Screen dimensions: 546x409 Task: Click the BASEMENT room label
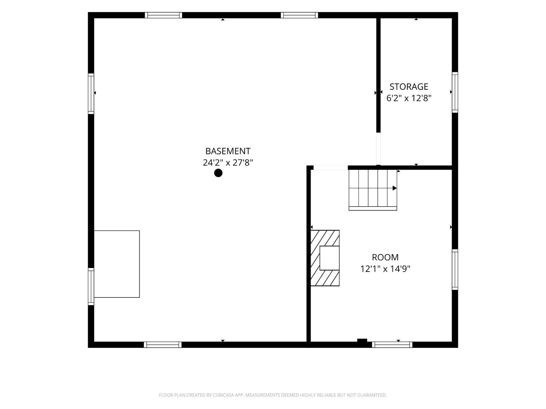pyautogui.click(x=227, y=151)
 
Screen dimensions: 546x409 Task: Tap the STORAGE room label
pyautogui.click(x=409, y=87)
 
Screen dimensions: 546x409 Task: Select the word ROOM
pyautogui.click(x=385, y=257)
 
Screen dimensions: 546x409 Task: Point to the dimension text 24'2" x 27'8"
pyautogui.click(x=227, y=163)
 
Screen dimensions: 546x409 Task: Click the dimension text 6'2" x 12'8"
pyautogui.click(x=408, y=98)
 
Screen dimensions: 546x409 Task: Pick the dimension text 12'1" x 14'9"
pyautogui.click(x=385, y=269)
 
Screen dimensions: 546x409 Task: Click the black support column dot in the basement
pyautogui.click(x=218, y=173)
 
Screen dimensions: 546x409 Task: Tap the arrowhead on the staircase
pyautogui.click(x=395, y=188)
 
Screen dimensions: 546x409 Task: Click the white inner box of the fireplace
pyautogui.click(x=329, y=258)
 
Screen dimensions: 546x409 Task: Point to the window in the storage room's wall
pyautogui.click(x=455, y=92)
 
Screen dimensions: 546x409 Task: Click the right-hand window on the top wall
pyautogui.click(x=299, y=15)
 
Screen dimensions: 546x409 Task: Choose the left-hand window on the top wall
pyautogui.click(x=163, y=15)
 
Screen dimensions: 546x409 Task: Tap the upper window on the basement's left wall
pyautogui.click(x=91, y=94)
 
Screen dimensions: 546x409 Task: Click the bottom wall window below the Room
pyautogui.click(x=392, y=345)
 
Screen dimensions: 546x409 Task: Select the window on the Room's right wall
pyautogui.click(x=455, y=269)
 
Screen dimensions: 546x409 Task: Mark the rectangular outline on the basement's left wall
pyautogui.click(x=117, y=264)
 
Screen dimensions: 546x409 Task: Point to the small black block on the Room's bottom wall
pyautogui.click(x=362, y=340)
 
